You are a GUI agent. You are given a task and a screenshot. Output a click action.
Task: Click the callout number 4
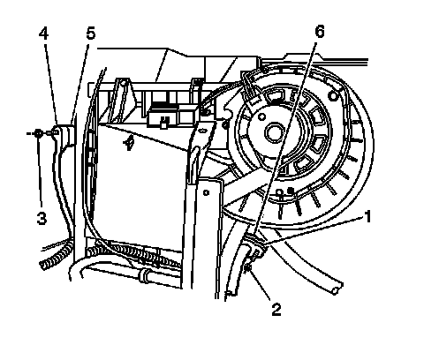43,34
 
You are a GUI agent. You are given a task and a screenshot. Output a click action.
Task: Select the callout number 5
91,34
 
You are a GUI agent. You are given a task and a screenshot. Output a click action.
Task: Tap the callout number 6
320,31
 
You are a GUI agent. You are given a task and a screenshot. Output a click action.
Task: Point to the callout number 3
42,219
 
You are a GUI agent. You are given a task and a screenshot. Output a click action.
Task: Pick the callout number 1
367,217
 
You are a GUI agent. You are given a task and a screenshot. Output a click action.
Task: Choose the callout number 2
276,310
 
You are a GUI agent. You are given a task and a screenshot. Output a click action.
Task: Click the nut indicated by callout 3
38,133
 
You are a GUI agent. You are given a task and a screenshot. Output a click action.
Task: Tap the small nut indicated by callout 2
247,266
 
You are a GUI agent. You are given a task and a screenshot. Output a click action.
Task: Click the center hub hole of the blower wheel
275,132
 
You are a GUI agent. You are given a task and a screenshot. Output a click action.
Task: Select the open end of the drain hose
337,289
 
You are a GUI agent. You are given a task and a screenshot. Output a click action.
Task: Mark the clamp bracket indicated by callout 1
255,245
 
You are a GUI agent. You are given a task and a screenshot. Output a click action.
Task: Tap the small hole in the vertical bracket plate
206,193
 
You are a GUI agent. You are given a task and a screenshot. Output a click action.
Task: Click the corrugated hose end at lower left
57,255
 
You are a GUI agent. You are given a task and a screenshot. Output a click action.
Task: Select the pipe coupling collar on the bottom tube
144,275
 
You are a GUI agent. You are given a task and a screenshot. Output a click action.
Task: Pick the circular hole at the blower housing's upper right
333,96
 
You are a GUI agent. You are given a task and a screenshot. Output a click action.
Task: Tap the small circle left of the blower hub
261,116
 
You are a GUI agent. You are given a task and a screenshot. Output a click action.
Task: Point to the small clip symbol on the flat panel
129,144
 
